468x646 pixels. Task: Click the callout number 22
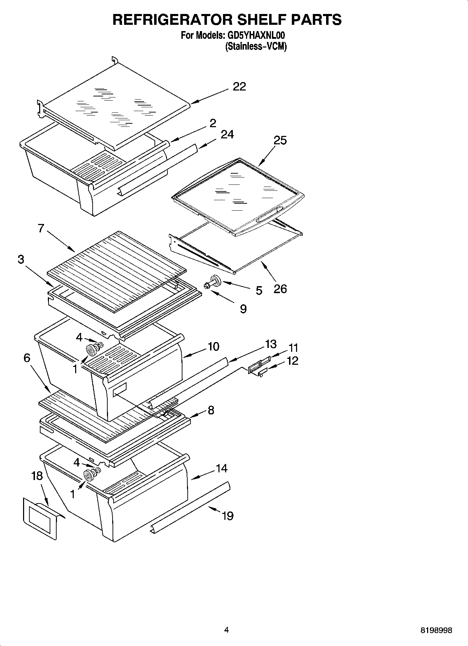pyautogui.click(x=239, y=87)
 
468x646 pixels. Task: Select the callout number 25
pyautogui.click(x=280, y=140)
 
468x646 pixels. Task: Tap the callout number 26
pyautogui.click(x=280, y=289)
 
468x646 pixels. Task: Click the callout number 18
pyautogui.click(x=37, y=476)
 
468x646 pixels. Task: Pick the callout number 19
pyautogui.click(x=228, y=516)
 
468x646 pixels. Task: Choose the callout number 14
pyautogui.click(x=222, y=468)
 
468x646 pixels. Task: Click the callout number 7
pyautogui.click(x=41, y=228)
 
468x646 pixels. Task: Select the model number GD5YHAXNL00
pyautogui.click(x=257, y=35)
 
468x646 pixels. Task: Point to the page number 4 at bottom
pyautogui.click(x=226, y=630)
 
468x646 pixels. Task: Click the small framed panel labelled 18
pyautogui.click(x=40, y=519)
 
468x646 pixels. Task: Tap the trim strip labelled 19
pyautogui.click(x=190, y=507)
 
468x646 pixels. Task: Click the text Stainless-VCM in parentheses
pyautogui.click(x=256, y=46)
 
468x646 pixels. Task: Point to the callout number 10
pyautogui.click(x=213, y=347)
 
